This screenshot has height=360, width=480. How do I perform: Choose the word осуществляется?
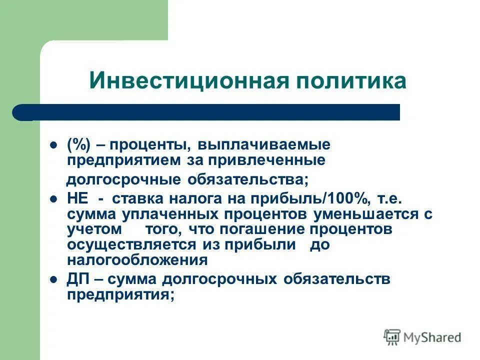click(x=131, y=244)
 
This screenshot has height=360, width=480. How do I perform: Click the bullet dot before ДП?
click(x=53, y=279)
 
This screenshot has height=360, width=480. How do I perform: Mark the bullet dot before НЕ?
click(x=53, y=198)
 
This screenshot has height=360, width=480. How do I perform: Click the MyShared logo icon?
click(x=392, y=337)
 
